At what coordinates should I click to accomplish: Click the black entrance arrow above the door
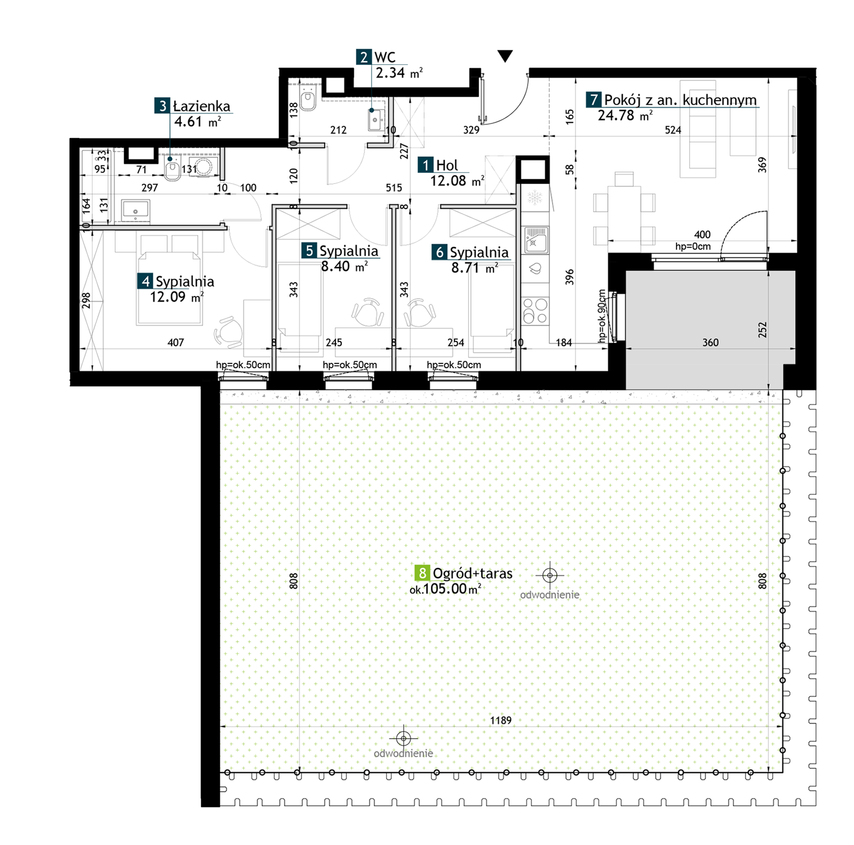coord(505,56)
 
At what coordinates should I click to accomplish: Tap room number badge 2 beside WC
coord(364,57)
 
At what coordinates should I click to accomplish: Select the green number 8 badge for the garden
coord(422,573)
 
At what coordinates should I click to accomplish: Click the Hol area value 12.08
coord(448,181)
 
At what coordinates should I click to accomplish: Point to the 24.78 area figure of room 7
coord(616,116)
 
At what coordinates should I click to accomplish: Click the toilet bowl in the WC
coord(308,99)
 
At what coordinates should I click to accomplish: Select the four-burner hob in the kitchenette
coord(535,311)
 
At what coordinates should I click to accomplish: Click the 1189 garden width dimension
coord(501,720)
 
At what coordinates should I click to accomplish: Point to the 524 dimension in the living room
coord(673,130)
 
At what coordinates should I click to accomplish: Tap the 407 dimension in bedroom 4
coord(176,343)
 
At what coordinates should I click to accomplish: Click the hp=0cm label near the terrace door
coord(693,246)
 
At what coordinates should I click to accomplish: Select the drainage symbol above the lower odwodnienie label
coord(404,738)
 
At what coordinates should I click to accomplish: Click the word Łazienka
coord(202,106)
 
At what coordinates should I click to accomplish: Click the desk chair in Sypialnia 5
coord(368,312)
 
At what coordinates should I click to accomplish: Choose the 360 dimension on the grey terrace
coord(711,343)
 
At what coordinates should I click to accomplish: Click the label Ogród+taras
coord(472,573)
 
